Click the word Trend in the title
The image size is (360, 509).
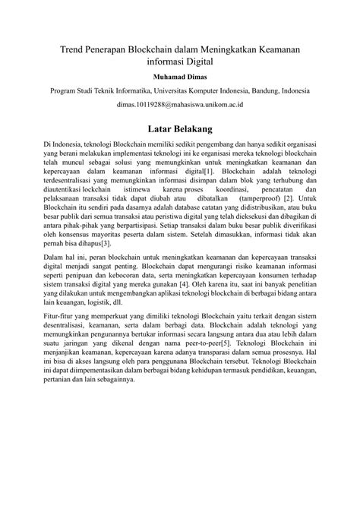pos(75,49)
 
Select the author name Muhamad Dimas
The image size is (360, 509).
pos(180,77)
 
